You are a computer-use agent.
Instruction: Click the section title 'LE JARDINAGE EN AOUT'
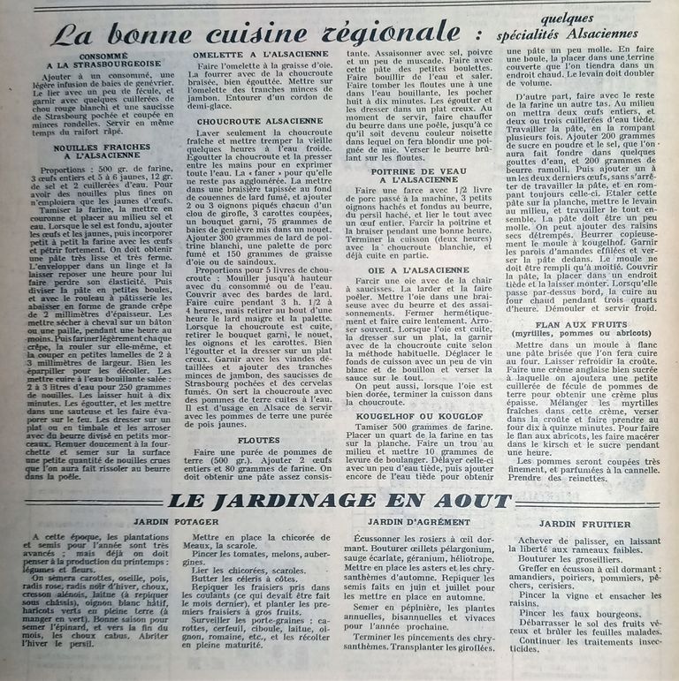point(339,500)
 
